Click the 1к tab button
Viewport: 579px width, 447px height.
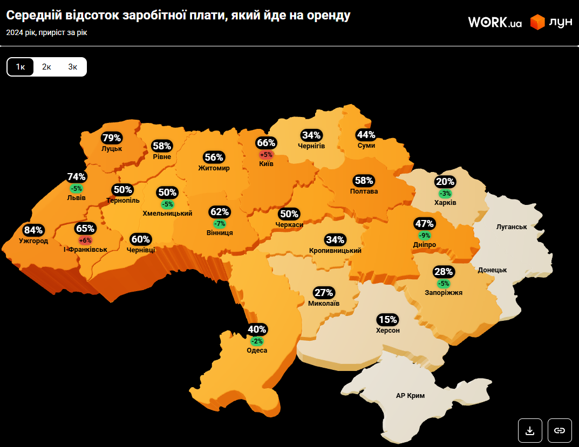(x=21, y=67)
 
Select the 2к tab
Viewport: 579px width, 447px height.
(x=46, y=67)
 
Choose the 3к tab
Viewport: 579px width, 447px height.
(x=73, y=67)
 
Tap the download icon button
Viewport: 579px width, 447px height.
(x=530, y=430)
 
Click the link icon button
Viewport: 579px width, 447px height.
(x=560, y=430)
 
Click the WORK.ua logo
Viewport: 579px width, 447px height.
(x=494, y=22)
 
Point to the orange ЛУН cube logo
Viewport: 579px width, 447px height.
(x=537, y=22)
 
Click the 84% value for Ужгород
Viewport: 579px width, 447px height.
(x=33, y=230)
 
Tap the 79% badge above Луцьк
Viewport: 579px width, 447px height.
(x=112, y=137)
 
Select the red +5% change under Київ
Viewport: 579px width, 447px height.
(x=266, y=154)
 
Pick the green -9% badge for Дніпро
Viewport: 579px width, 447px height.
(x=424, y=235)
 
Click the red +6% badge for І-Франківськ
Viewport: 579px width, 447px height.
(x=85, y=240)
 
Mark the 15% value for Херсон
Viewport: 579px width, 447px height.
(x=387, y=320)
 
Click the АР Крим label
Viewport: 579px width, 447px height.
(x=410, y=396)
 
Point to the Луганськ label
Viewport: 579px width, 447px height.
(x=511, y=227)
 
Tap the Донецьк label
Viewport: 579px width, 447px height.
(x=492, y=270)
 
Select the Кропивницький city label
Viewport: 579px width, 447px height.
(x=335, y=251)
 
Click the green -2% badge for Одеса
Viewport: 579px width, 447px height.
(x=257, y=341)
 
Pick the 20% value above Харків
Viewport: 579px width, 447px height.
(x=445, y=182)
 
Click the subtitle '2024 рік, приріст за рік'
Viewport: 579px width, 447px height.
(x=46, y=32)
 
